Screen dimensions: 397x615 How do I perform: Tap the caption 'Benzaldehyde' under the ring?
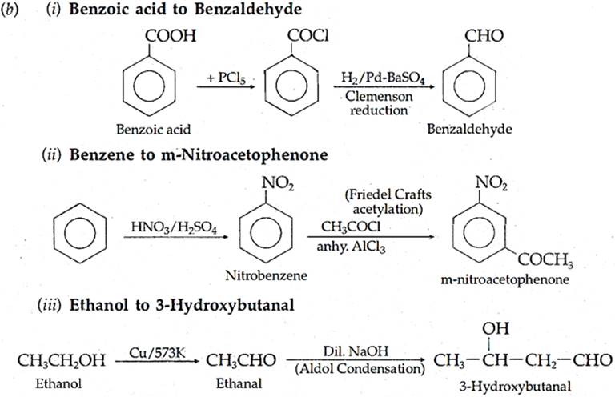coord(479,128)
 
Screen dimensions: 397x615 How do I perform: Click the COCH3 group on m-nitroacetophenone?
coord(544,262)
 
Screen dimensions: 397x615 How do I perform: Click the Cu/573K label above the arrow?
coord(155,350)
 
